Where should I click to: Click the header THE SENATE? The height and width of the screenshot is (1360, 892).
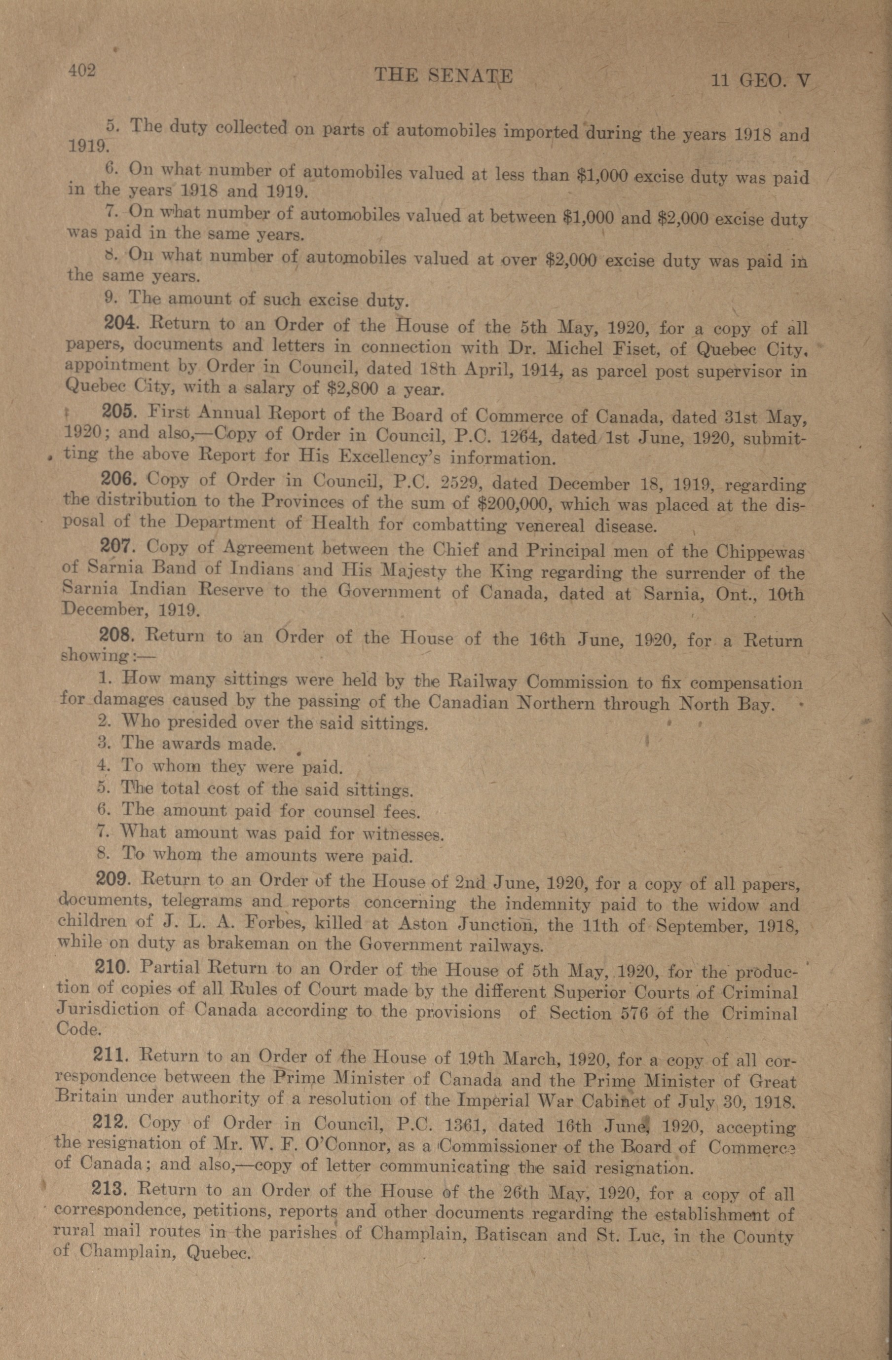coord(444,76)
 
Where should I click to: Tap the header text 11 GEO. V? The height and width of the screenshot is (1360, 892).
coord(760,81)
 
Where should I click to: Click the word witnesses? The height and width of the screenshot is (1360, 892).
coord(403,834)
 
